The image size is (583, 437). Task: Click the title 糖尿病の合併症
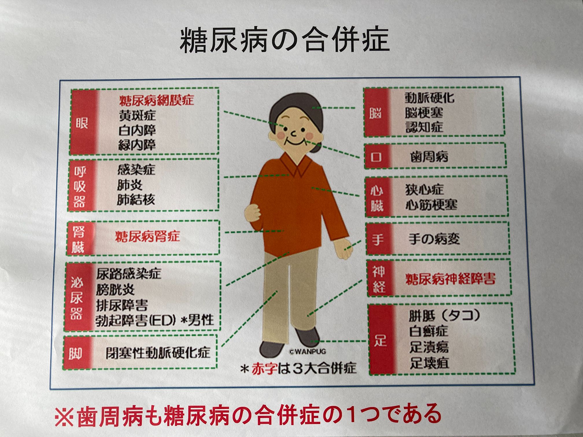[285, 40]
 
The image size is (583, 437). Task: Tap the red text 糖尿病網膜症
[156, 100]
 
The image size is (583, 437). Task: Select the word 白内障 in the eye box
[137, 130]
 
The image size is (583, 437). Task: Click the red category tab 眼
[82, 123]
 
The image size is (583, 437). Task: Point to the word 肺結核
[136, 199]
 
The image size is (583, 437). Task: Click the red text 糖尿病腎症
[147, 237]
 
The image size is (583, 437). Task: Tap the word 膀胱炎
[115, 289]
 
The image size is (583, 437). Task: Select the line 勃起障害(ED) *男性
[155, 320]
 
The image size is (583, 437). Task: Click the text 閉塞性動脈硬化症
[158, 352]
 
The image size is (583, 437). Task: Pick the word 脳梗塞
[424, 112]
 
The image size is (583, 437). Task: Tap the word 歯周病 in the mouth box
[429, 157]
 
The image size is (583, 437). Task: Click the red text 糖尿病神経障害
[451, 279]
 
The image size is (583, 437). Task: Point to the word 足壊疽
[429, 363]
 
